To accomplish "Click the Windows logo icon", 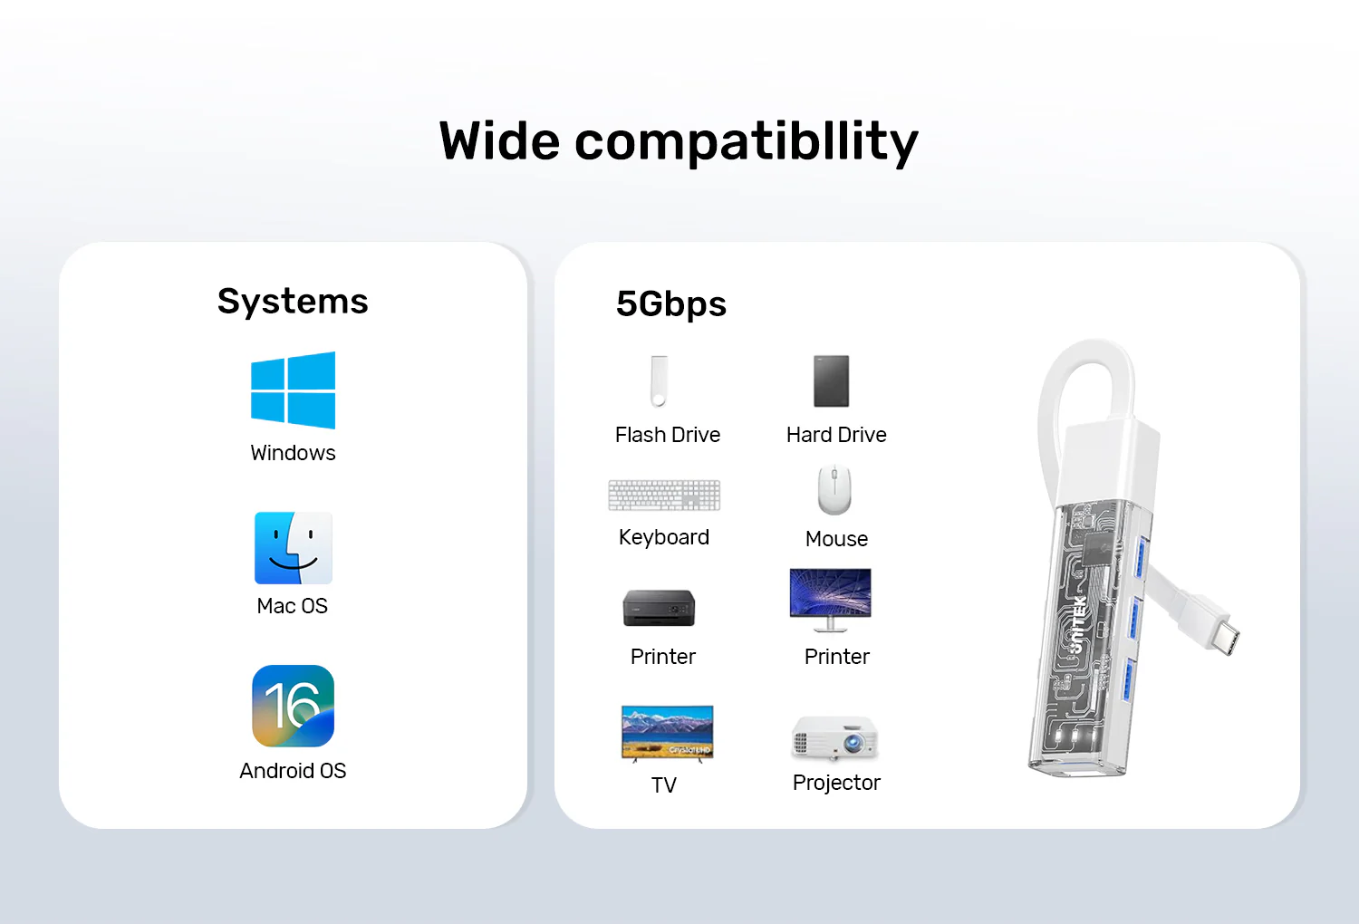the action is tap(293, 390).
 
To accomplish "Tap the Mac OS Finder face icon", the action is tap(293, 548).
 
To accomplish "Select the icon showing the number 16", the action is tap(293, 706).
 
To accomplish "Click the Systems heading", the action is tap(293, 301).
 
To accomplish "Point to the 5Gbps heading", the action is tap(671, 304).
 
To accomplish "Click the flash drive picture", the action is tap(659, 381).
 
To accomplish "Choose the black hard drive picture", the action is tap(831, 381).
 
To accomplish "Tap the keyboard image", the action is tap(664, 496).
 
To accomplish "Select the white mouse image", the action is tap(834, 490).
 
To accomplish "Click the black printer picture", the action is tap(659, 607).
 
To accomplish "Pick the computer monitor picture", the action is tap(830, 600).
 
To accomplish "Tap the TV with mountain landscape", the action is tap(668, 734).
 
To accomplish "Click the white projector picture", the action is tap(834, 737).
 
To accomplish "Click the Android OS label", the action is tap(293, 771).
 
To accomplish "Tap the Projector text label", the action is tap(836, 784).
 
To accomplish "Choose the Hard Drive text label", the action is tap(836, 435).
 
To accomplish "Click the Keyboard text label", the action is tap(664, 538).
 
